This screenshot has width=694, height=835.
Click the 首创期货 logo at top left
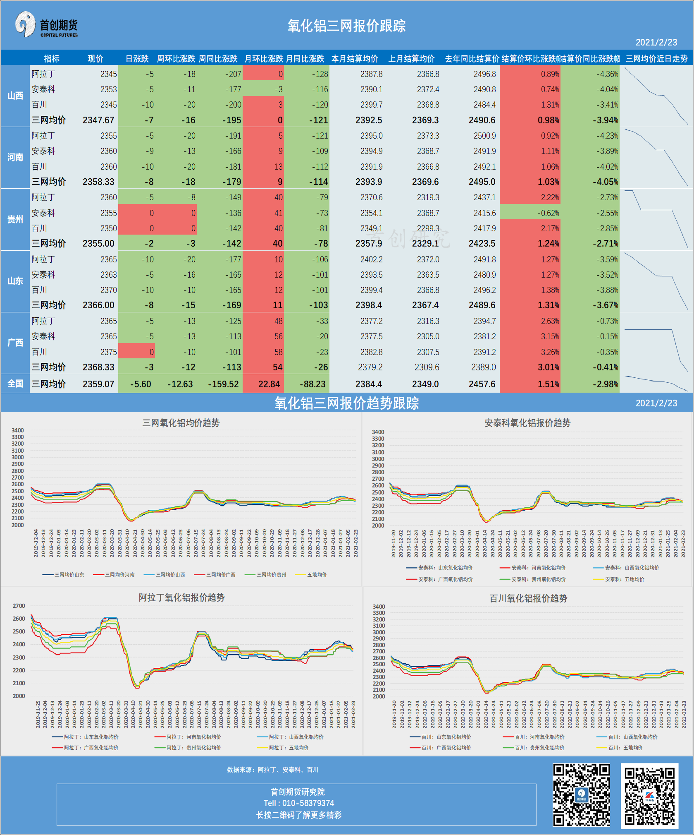click(x=46, y=25)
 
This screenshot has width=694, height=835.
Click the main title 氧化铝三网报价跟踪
click(x=346, y=26)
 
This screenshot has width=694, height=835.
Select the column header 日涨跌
click(x=137, y=59)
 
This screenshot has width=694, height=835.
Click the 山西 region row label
click(x=15, y=96)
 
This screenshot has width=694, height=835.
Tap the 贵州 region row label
click(x=15, y=219)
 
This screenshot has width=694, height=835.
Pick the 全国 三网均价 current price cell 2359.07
click(x=98, y=384)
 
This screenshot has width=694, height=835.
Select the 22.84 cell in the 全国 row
click(x=269, y=384)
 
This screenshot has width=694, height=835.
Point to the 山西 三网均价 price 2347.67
click(x=98, y=120)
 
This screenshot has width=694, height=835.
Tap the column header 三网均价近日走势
click(x=656, y=59)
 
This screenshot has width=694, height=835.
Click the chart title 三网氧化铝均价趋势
click(x=181, y=423)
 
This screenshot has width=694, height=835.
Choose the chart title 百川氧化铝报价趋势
click(x=528, y=598)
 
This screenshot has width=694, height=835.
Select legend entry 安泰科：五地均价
click(x=624, y=579)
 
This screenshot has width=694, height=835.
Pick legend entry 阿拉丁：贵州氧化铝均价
click(x=193, y=748)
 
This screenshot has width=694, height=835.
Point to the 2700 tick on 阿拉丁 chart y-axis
click(x=19, y=606)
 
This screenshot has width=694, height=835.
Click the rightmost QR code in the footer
click(x=649, y=796)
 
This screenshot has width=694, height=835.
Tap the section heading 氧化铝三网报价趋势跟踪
click(x=346, y=403)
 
